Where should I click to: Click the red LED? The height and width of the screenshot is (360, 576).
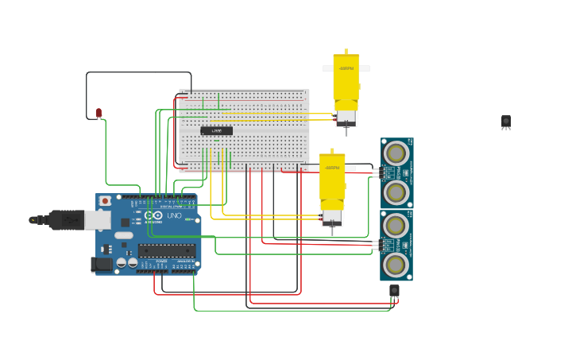click(x=99, y=113)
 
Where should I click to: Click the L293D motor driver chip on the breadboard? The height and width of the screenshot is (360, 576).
click(x=216, y=130)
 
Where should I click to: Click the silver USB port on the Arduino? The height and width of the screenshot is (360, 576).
click(x=98, y=219)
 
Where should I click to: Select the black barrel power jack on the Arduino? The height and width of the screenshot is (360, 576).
click(x=101, y=265)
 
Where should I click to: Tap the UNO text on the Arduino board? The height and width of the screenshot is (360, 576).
click(x=174, y=215)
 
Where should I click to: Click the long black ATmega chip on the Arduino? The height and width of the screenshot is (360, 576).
click(x=166, y=250)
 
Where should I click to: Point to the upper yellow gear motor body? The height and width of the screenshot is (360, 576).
click(x=346, y=79)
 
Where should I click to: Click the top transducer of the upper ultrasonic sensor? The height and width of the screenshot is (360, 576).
click(x=396, y=151)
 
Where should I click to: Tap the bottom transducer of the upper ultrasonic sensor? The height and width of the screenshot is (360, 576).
click(x=396, y=192)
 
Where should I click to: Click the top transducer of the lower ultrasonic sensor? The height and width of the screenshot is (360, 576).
click(x=396, y=225)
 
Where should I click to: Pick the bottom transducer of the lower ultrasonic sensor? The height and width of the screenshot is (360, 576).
click(x=396, y=264)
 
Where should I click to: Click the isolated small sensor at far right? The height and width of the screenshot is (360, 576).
click(x=506, y=121)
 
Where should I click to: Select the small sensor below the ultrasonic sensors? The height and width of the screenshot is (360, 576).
click(x=394, y=291)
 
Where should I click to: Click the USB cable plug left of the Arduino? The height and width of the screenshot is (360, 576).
click(x=60, y=219)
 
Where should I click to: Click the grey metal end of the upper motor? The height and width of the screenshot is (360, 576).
click(x=346, y=118)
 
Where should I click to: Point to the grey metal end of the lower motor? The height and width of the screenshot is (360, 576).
click(x=332, y=217)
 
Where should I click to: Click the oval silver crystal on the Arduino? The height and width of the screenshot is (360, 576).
click(x=124, y=235)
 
